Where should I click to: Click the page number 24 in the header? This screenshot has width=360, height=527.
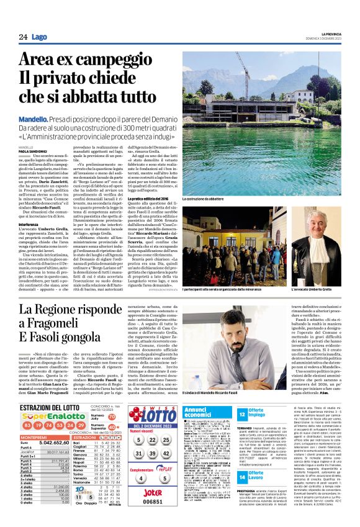[23, 37]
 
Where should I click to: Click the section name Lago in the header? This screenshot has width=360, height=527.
[38, 37]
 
